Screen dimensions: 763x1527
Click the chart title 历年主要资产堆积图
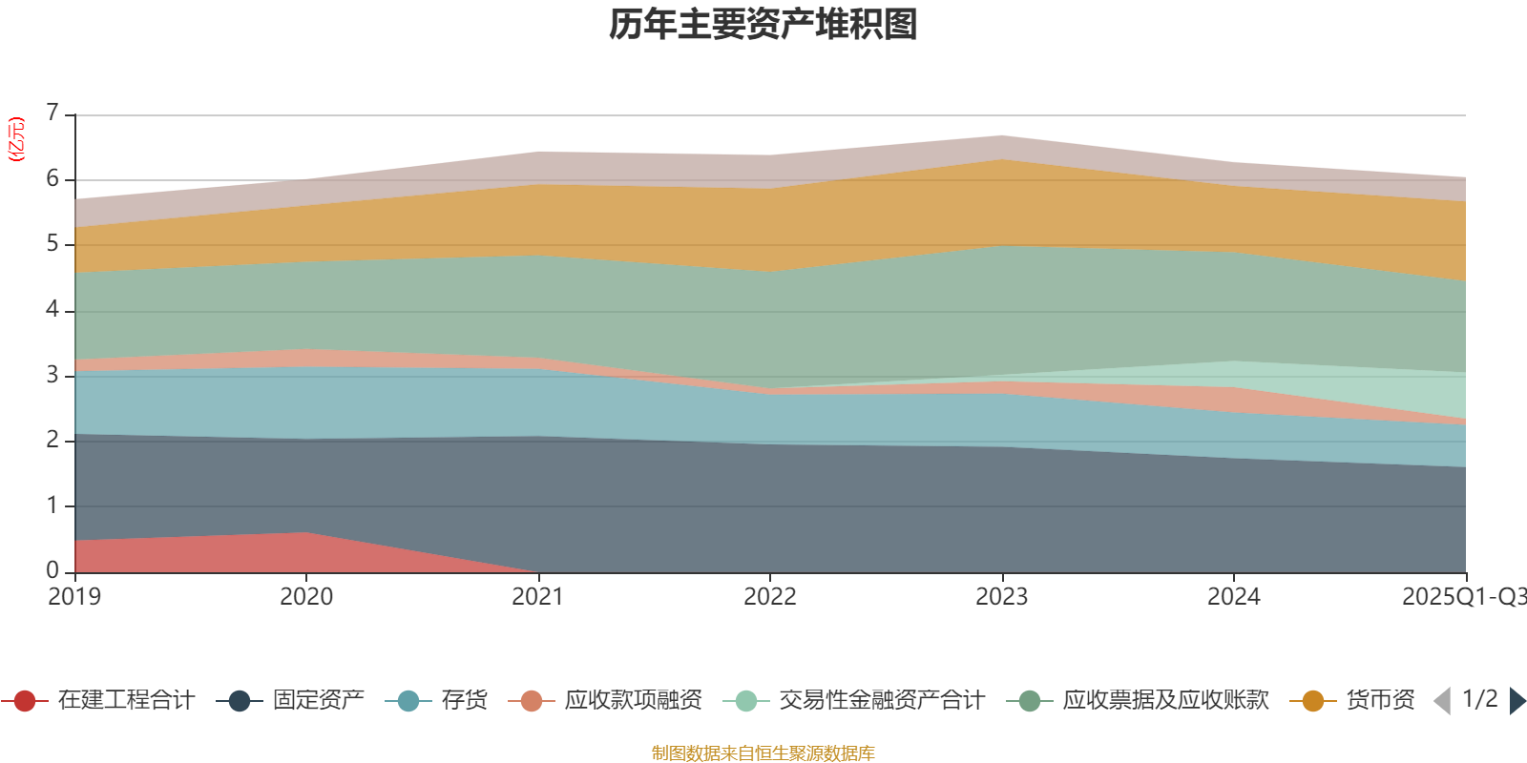pos(763,25)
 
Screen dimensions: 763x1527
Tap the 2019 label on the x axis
pos(75,596)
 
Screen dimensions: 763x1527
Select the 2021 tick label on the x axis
pos(538,596)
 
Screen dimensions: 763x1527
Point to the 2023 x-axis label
pos(1001,596)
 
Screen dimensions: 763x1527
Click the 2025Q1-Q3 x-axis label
pos(1463,596)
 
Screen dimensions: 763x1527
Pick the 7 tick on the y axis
pos(52,113)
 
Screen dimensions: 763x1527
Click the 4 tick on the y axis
pos(52,309)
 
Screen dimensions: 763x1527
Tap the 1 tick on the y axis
pos(52,505)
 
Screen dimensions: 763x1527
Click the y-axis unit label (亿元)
pos(16,139)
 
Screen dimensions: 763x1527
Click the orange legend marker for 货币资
pos(1313,701)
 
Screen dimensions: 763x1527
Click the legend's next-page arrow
pos(1517,701)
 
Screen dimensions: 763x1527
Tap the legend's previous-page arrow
pos(1442,701)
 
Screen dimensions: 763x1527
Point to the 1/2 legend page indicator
pos(1479,699)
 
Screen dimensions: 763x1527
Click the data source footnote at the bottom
pos(763,753)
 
